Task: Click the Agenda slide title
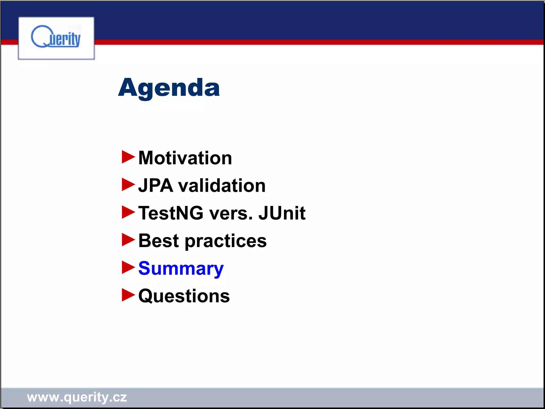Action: coord(169,88)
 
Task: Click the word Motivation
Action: coord(185,158)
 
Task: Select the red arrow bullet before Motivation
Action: coord(128,157)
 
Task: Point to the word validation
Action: coord(222,186)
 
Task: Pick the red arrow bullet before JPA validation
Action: coord(128,185)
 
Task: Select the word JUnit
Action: coord(282,213)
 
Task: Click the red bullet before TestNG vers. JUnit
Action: coord(128,212)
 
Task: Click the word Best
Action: coord(159,241)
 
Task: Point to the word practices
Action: coord(226,241)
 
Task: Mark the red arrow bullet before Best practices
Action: coord(128,240)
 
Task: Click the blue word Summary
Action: coord(181,269)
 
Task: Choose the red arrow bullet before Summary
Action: coord(128,267)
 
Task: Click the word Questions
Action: coord(184,296)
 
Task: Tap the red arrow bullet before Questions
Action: coord(128,295)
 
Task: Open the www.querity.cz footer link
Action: coord(77,397)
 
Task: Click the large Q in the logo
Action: coord(40,37)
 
